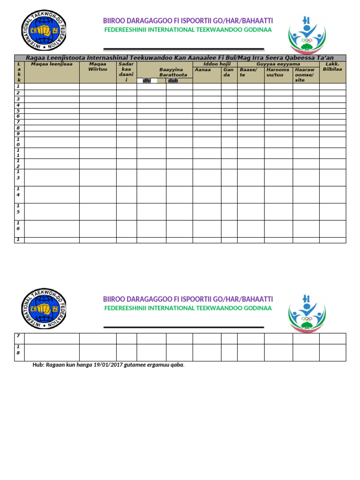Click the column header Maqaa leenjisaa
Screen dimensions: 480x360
52,64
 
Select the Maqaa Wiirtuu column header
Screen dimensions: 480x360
97,67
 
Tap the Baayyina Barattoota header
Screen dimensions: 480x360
173,72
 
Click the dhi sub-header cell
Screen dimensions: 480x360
147,81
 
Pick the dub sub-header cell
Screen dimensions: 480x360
173,81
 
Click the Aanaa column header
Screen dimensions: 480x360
202,69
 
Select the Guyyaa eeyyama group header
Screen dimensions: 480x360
278,64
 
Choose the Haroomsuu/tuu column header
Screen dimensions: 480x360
278,72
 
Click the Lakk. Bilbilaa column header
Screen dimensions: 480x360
332,67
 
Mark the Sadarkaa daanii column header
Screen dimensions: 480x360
127,72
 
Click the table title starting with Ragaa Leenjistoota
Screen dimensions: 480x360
180,58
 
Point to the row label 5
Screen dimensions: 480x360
18,111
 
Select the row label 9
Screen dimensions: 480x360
18,134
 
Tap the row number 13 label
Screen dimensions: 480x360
18,175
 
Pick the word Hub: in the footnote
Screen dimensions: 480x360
38,365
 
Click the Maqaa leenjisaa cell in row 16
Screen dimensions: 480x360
52,229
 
